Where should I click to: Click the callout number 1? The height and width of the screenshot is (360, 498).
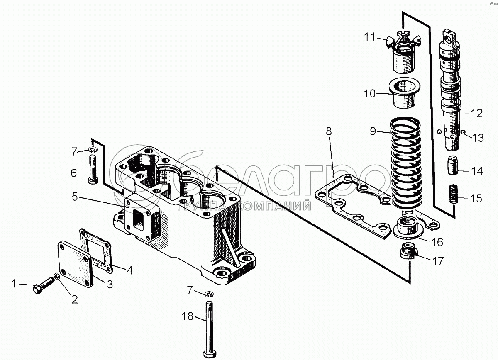pos(14,284)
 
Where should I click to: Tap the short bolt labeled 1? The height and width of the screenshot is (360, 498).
pos(42,286)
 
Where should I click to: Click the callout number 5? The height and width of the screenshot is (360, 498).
pos(74,197)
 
